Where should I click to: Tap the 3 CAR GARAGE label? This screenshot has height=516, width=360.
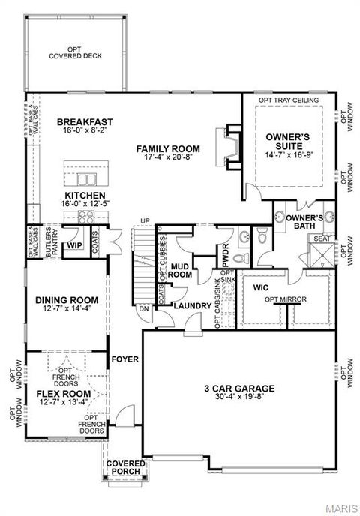(x=239, y=388)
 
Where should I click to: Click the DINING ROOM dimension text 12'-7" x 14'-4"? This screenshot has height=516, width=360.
(x=67, y=308)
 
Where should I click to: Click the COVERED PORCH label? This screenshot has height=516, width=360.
(x=125, y=468)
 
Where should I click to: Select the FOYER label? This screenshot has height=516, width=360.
(x=125, y=359)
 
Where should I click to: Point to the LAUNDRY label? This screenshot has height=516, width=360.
(x=190, y=305)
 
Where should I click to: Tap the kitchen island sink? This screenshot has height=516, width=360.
(x=88, y=179)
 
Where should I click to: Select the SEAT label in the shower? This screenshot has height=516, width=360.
(x=321, y=238)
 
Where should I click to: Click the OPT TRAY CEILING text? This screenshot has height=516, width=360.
(x=289, y=100)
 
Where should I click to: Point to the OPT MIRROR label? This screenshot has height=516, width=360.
(x=284, y=301)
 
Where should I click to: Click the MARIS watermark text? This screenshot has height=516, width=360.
(x=341, y=508)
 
